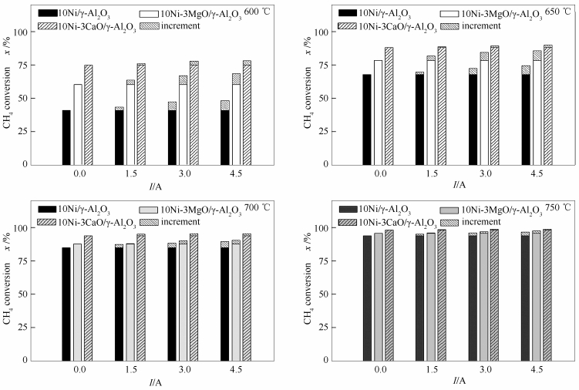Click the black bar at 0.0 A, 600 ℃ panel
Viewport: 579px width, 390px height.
coord(66,137)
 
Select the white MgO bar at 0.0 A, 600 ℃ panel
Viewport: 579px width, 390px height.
coord(77,124)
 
